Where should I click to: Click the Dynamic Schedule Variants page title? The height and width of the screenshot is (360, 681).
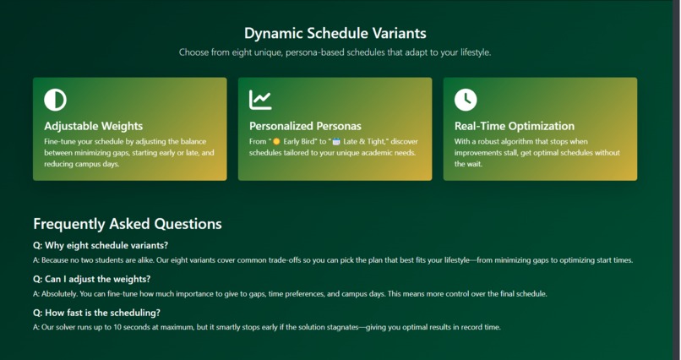[x=335, y=34]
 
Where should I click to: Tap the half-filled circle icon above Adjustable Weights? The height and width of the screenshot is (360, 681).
[x=55, y=100]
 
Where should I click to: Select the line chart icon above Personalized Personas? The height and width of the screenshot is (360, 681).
[x=260, y=100]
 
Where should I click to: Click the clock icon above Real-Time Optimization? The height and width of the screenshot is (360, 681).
[x=466, y=100]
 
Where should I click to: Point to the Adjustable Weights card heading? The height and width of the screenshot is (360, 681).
[x=93, y=126]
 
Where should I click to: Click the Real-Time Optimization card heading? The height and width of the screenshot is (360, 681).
[x=514, y=126]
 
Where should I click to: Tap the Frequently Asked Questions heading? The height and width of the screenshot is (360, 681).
[x=128, y=224]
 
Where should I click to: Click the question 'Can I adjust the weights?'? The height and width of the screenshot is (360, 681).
[x=91, y=279]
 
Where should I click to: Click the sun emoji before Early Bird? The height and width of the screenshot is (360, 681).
[x=276, y=141]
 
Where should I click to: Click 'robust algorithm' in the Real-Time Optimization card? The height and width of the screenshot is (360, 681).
[x=506, y=141]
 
